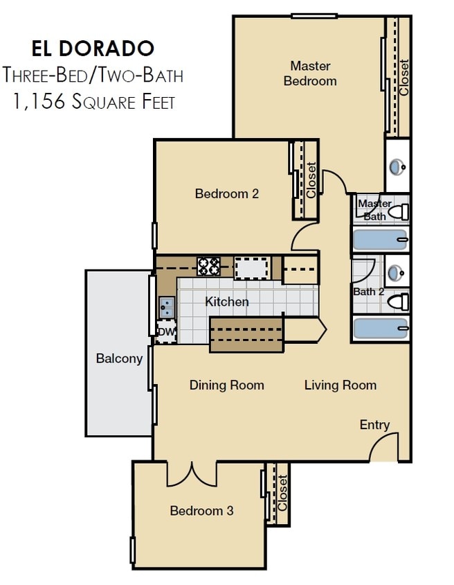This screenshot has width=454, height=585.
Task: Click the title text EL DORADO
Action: pyautogui.click(x=93, y=49)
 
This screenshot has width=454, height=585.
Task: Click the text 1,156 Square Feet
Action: pyautogui.click(x=93, y=102)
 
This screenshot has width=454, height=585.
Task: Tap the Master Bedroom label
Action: pyautogui.click(x=310, y=73)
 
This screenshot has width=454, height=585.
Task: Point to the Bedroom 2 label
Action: pyautogui.click(x=226, y=194)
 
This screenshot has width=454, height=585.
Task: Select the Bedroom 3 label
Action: pyautogui.click(x=201, y=511)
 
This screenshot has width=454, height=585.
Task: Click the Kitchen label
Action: pyautogui.click(x=226, y=302)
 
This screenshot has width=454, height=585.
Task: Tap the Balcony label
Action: pyautogui.click(x=119, y=358)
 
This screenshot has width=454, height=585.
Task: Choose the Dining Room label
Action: pyautogui.click(x=226, y=385)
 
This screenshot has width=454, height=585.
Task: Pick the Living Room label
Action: pyautogui.click(x=340, y=385)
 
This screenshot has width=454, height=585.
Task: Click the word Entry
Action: pyautogui.click(x=374, y=425)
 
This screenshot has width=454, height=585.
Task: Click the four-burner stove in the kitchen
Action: pyautogui.click(x=209, y=266)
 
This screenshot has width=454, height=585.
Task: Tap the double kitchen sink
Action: pyautogui.click(x=167, y=306)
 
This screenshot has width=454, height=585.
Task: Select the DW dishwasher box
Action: pyautogui.click(x=166, y=332)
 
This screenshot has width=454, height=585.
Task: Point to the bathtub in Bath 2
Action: pyautogui.click(x=380, y=328)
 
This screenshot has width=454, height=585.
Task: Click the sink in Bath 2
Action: pyautogui.click(x=397, y=272)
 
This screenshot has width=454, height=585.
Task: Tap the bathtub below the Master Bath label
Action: pyautogui.click(x=380, y=239)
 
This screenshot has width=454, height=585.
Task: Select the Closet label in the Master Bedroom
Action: pyautogui.click(x=404, y=78)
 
